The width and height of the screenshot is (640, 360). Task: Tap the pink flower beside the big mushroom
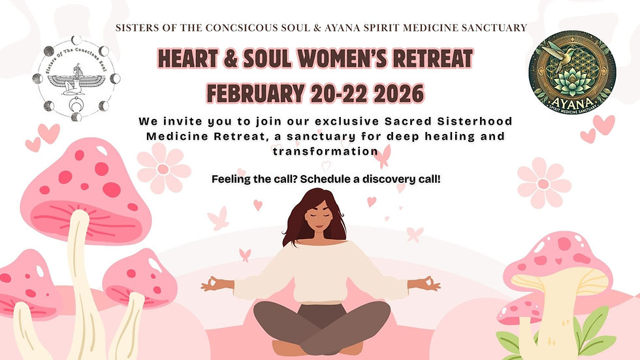pyautogui.click(x=163, y=168)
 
